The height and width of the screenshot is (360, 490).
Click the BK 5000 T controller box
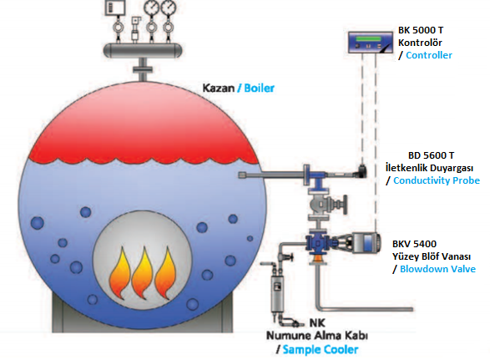(371, 43)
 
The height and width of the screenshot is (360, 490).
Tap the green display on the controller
(368, 38)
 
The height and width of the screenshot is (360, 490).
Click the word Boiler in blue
(259, 89)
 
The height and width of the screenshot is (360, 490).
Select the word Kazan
(219, 89)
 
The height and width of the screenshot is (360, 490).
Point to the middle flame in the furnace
(143, 273)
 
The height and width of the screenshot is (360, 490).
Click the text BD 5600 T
(432, 155)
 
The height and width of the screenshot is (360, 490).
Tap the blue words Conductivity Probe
(437, 180)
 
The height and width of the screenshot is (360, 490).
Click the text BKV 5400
(414, 244)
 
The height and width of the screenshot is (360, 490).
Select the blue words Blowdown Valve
(437, 269)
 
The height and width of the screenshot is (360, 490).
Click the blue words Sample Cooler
(321, 350)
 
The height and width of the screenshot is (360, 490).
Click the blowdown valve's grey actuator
(366, 243)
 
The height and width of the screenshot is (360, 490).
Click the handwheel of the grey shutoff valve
(345, 205)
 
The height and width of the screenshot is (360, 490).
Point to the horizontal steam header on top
(143, 50)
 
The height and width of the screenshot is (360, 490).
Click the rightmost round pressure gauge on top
(169, 8)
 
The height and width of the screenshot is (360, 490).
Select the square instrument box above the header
(115, 8)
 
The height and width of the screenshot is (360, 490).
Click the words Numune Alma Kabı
(317, 336)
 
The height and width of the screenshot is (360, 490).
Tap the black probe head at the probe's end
(361, 171)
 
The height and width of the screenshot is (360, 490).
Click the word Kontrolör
(420, 43)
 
